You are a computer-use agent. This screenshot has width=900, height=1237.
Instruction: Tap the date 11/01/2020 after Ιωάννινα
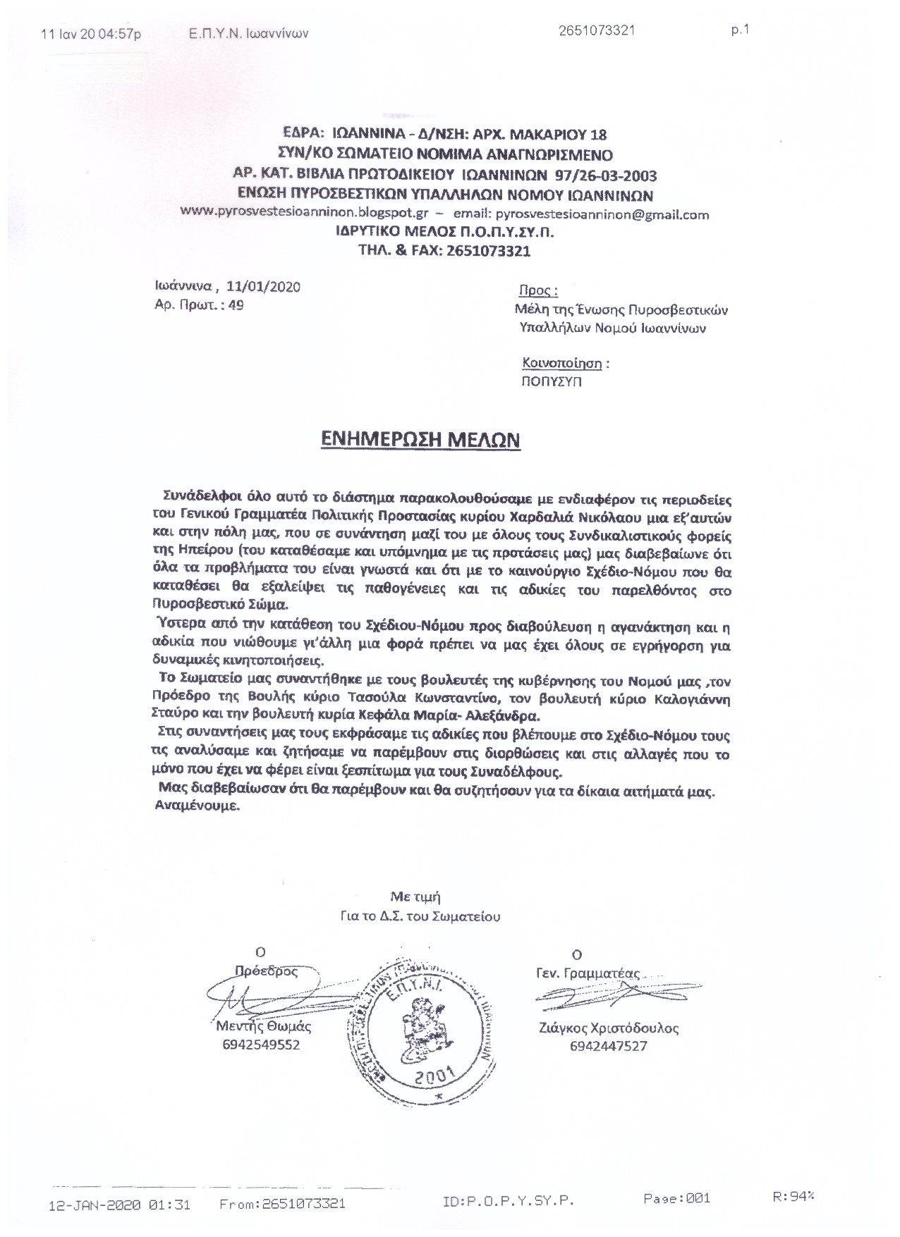(x=265, y=286)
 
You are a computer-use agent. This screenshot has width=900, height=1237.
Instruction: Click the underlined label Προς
(x=538, y=290)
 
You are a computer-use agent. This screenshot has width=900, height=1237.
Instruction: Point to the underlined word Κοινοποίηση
(x=562, y=364)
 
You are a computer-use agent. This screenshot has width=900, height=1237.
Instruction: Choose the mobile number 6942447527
(x=608, y=1046)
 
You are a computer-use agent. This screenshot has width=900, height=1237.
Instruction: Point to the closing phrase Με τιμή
(x=416, y=897)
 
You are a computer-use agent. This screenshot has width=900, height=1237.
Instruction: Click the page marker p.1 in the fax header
(x=740, y=30)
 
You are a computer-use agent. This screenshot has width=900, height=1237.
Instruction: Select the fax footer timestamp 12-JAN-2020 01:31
(x=119, y=1204)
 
